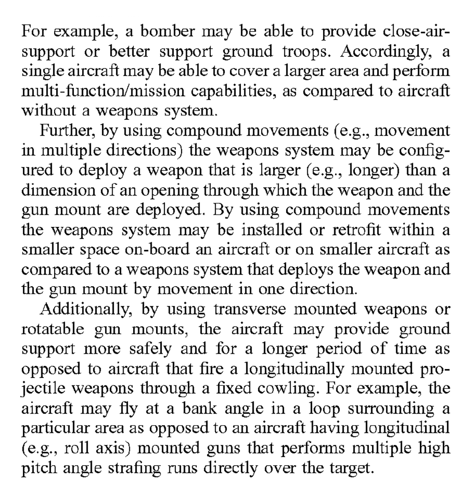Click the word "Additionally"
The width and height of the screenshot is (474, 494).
click(x=85, y=309)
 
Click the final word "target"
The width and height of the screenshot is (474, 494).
click(x=351, y=468)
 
